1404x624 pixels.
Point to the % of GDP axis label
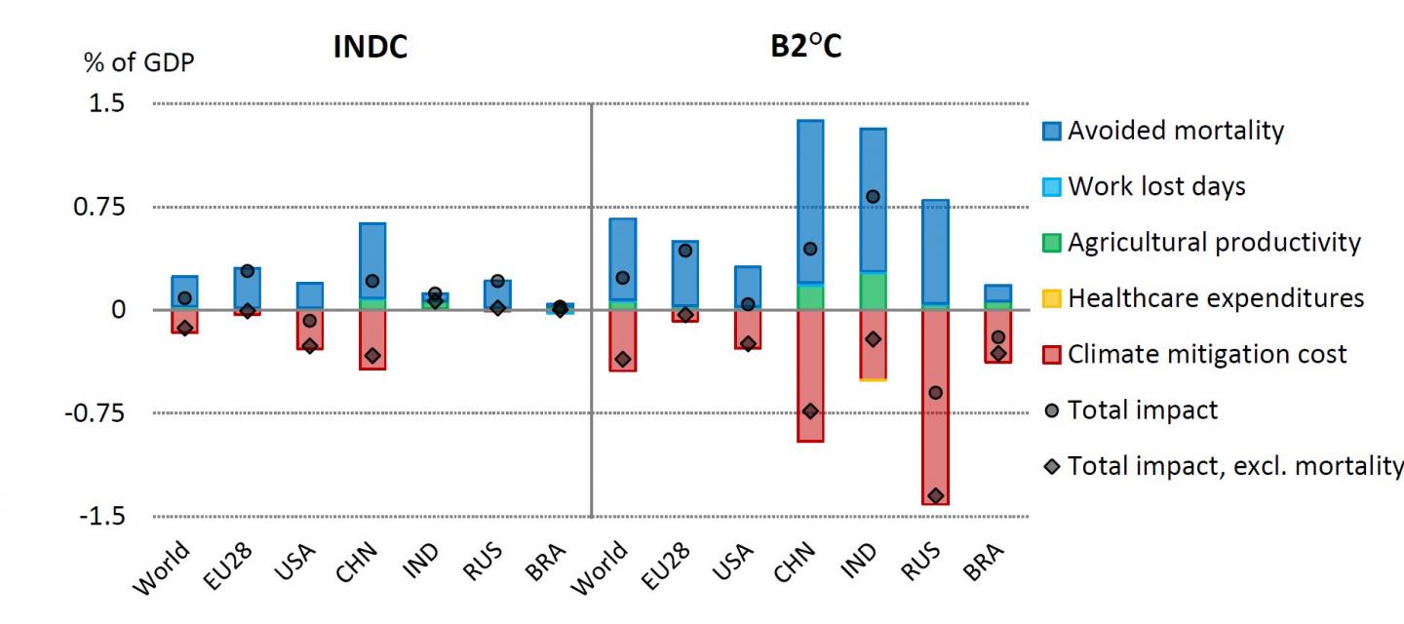coord(138,63)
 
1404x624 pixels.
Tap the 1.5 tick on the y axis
coord(107,103)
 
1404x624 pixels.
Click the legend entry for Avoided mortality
coord(1175,131)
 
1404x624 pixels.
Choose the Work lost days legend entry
coord(1155,186)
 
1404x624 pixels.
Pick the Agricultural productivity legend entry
coord(1213,242)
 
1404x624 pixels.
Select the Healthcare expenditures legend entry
coord(1215,298)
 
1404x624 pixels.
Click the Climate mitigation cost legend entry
coord(1206,354)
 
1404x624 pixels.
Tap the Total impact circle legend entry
coord(1142,410)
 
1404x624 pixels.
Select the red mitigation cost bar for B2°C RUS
coord(935,439)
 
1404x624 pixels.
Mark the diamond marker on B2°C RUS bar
coord(935,496)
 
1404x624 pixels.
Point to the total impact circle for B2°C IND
coord(873,197)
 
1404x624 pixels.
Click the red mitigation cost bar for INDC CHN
coord(371,336)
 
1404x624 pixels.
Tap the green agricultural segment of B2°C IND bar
coord(873,291)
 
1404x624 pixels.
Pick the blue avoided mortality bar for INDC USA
coord(309,295)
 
